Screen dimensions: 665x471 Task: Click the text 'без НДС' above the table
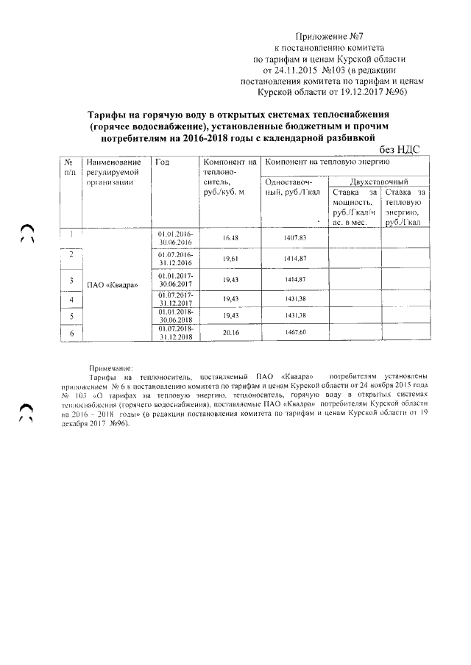[398, 148]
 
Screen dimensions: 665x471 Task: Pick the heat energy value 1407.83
[293, 238]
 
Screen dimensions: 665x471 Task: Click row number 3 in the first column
[71, 281]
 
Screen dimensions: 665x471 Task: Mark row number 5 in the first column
[71, 316]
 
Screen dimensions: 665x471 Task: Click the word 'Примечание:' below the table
[110, 366]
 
